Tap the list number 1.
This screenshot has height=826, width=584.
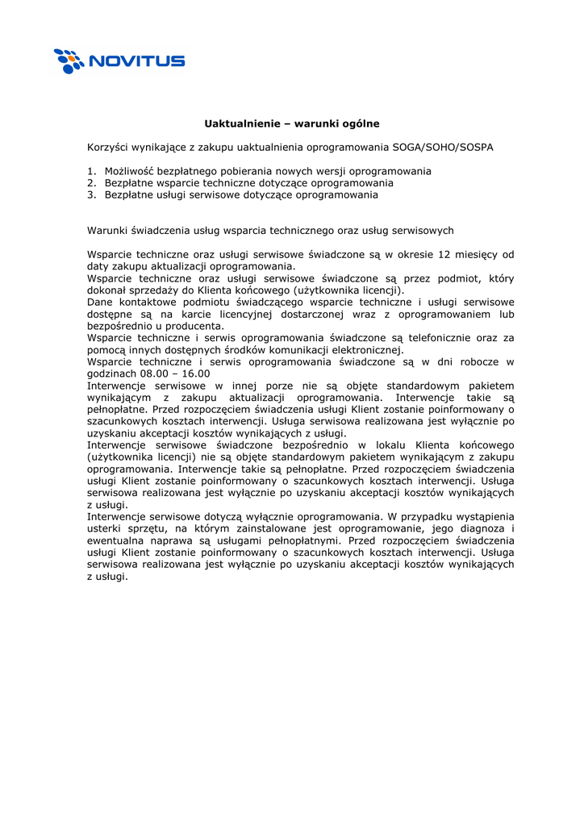pos(91,171)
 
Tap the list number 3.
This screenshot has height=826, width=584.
pos(91,194)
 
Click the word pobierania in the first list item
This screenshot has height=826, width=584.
pos(267,171)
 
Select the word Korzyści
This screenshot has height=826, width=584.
pos(108,148)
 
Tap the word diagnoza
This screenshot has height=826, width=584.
pos(471,528)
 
